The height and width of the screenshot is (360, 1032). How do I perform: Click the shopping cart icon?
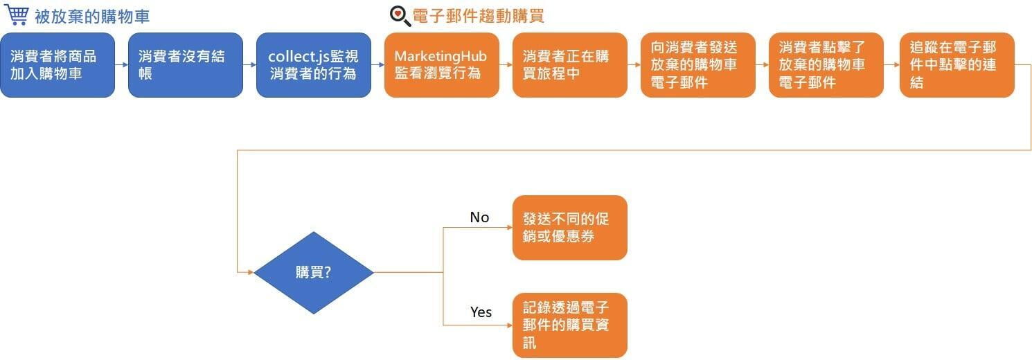17,15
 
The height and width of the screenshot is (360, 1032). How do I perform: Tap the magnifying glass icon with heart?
400,16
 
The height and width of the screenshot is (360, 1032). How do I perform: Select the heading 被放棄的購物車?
92,17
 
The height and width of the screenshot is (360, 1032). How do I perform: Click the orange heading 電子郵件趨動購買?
478,16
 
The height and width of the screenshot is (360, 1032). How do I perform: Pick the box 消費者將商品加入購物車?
57,65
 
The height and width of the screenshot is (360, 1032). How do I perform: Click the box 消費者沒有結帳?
186,65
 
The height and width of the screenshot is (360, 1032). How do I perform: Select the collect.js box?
314,65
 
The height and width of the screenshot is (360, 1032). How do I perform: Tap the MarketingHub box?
442,65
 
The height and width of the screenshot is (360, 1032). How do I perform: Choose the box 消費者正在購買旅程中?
570,65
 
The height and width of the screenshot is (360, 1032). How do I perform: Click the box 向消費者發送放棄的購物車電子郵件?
698,65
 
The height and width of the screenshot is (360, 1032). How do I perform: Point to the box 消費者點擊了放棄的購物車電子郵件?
826,65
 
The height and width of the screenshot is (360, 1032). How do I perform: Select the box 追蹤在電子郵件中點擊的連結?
957,65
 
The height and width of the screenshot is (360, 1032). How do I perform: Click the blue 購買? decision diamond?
314,273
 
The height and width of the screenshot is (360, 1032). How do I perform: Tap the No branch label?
479,217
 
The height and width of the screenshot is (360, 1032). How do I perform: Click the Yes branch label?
481,312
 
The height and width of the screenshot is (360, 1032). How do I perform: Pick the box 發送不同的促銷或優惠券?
570,228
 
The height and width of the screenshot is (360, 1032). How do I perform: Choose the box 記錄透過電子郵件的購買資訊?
570,325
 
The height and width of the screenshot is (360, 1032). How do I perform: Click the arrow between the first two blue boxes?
122,65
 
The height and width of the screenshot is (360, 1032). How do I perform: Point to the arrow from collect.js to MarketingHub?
377,65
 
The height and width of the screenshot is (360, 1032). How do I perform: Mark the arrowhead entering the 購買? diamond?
251,273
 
